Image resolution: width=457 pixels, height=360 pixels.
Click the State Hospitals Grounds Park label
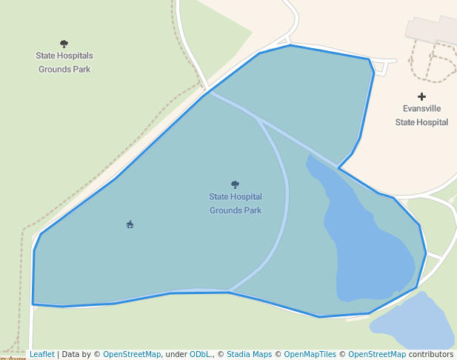(64, 62)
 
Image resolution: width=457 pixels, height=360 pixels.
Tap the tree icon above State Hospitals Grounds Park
(64, 44)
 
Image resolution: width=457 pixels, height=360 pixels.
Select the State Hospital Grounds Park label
(236, 204)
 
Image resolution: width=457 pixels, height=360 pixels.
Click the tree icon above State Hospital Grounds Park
(236, 184)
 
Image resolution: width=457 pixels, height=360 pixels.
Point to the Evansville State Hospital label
(421, 115)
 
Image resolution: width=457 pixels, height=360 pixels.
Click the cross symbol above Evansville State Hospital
(422, 96)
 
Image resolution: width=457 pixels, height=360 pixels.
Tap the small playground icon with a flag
(130, 224)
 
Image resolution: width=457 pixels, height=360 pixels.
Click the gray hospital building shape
(430, 30)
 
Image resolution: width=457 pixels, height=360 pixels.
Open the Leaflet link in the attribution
(42, 355)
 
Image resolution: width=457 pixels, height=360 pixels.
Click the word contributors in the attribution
(431, 355)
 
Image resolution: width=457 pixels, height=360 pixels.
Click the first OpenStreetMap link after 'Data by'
(132, 355)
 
